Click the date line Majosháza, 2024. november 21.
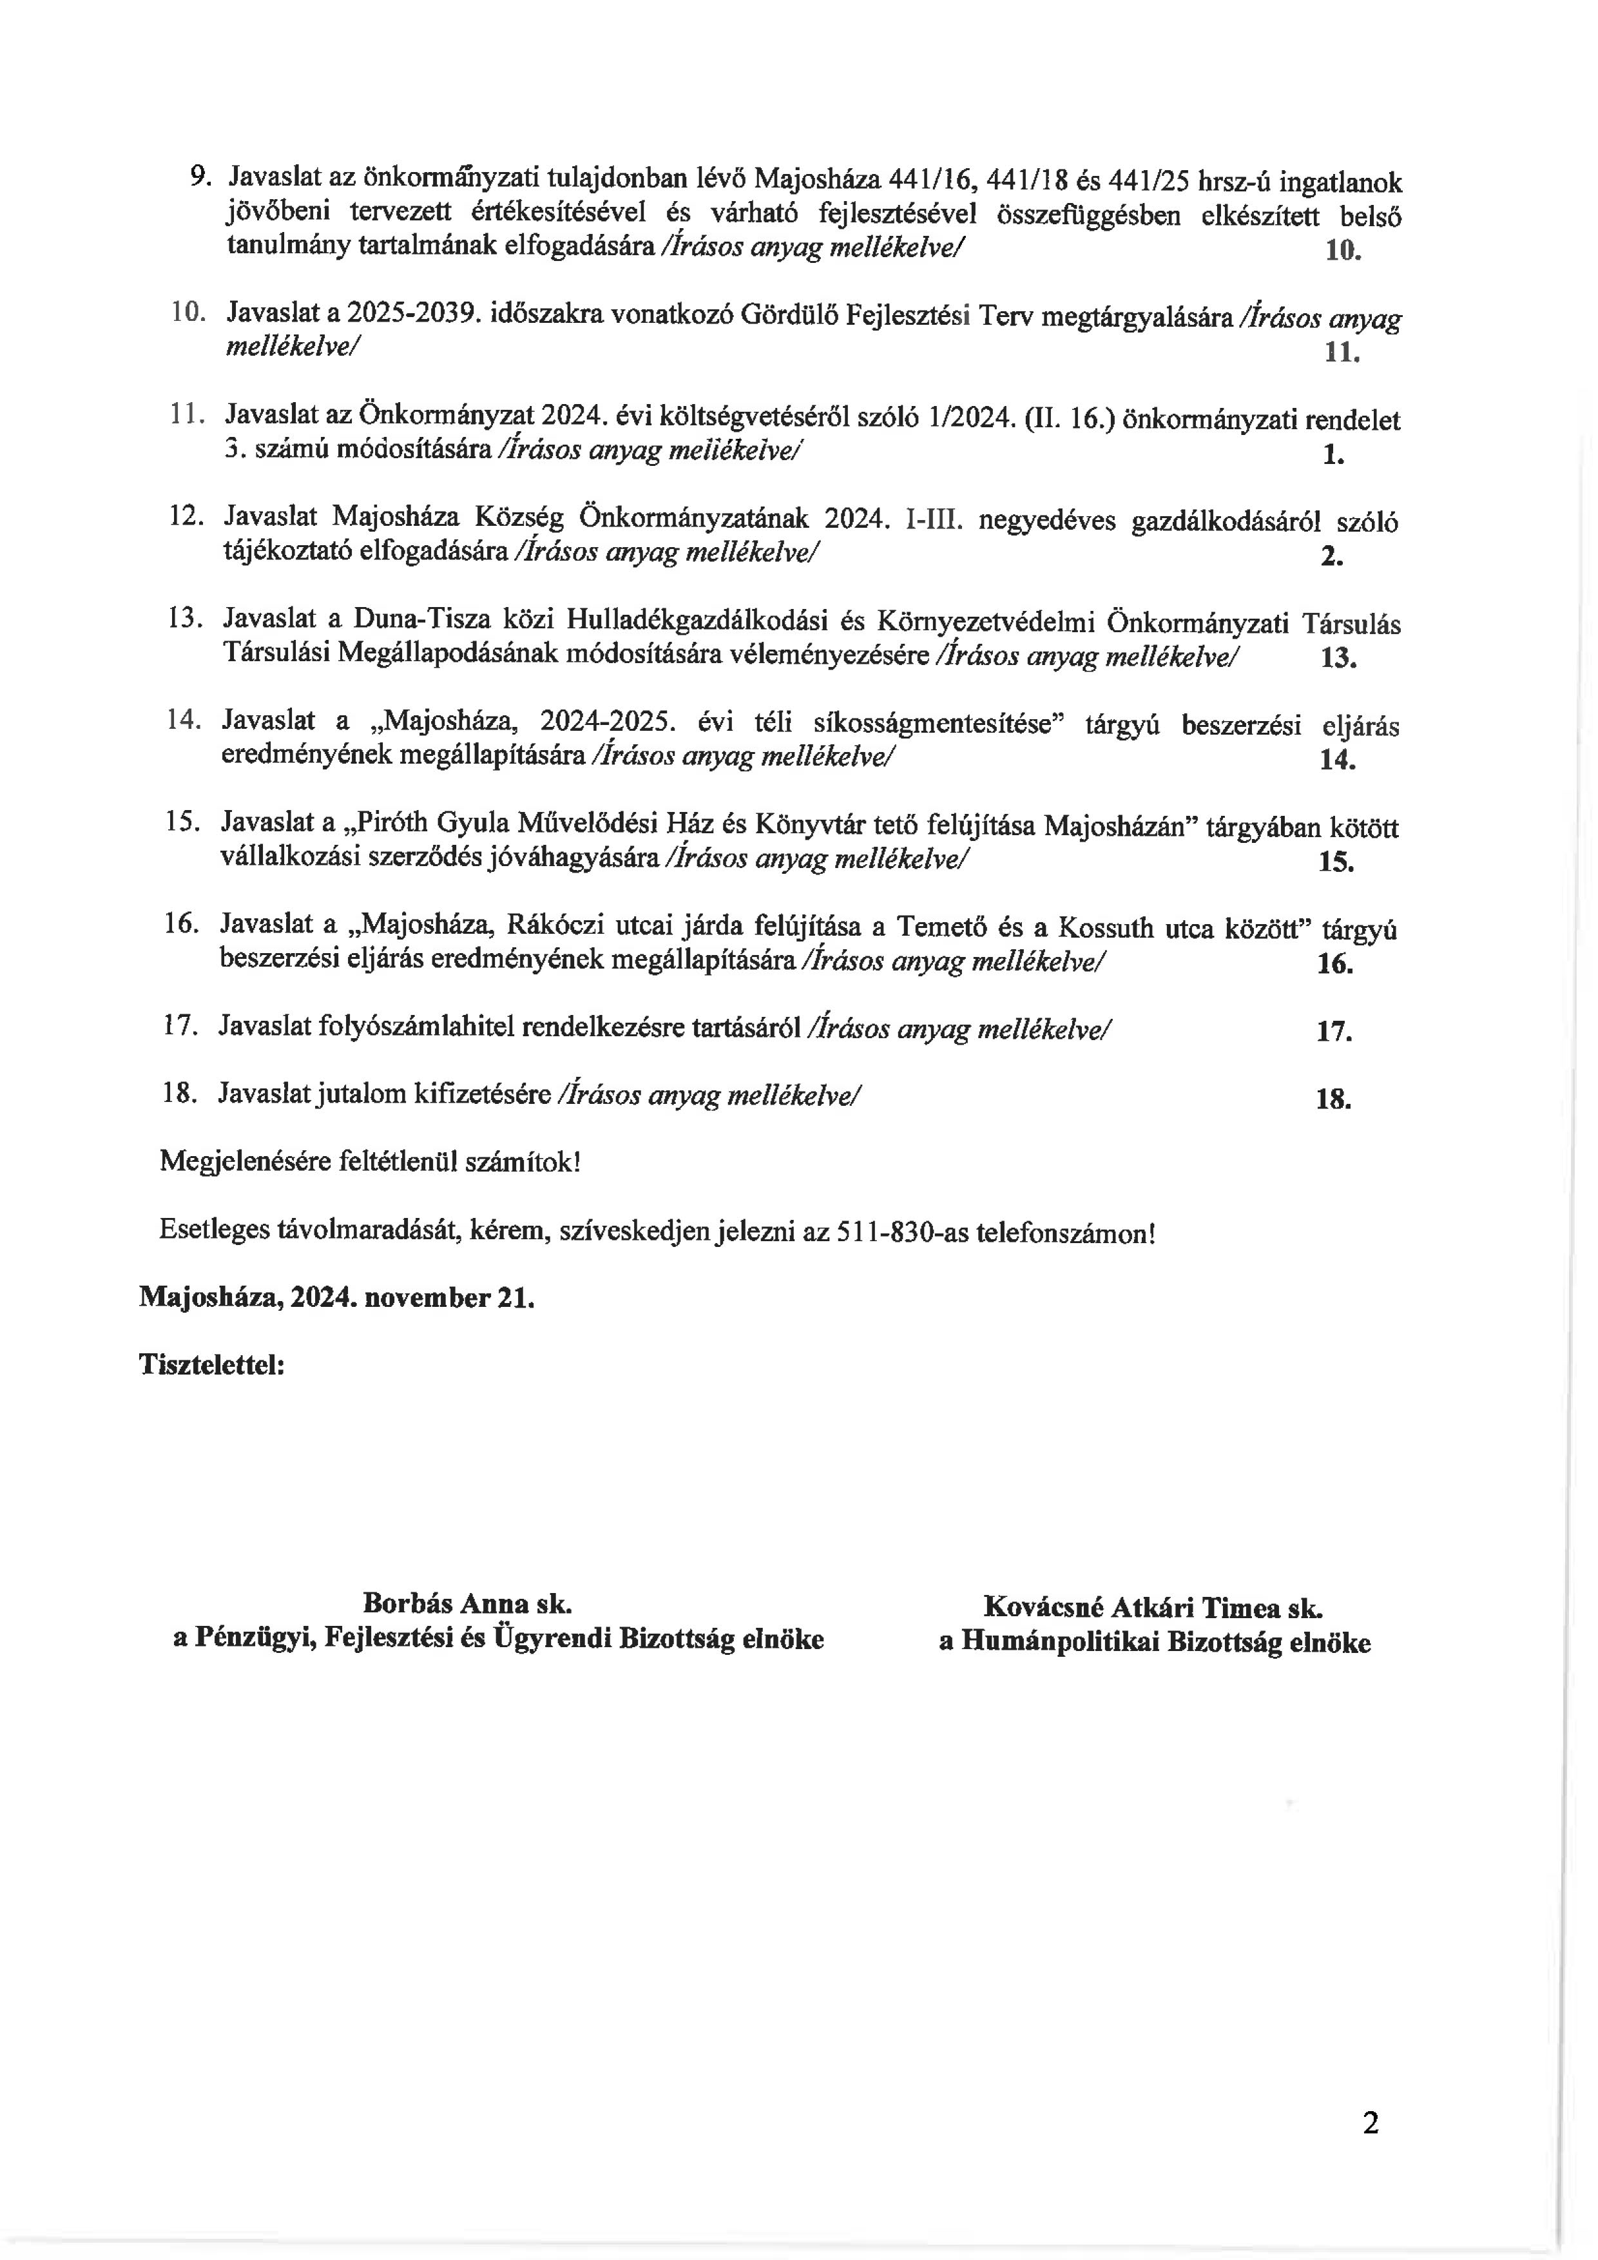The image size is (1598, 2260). pyautogui.click(x=336, y=1297)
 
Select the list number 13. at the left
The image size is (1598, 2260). pyautogui.click(x=185, y=618)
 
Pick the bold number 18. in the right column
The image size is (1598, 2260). pyautogui.click(x=1333, y=1099)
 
